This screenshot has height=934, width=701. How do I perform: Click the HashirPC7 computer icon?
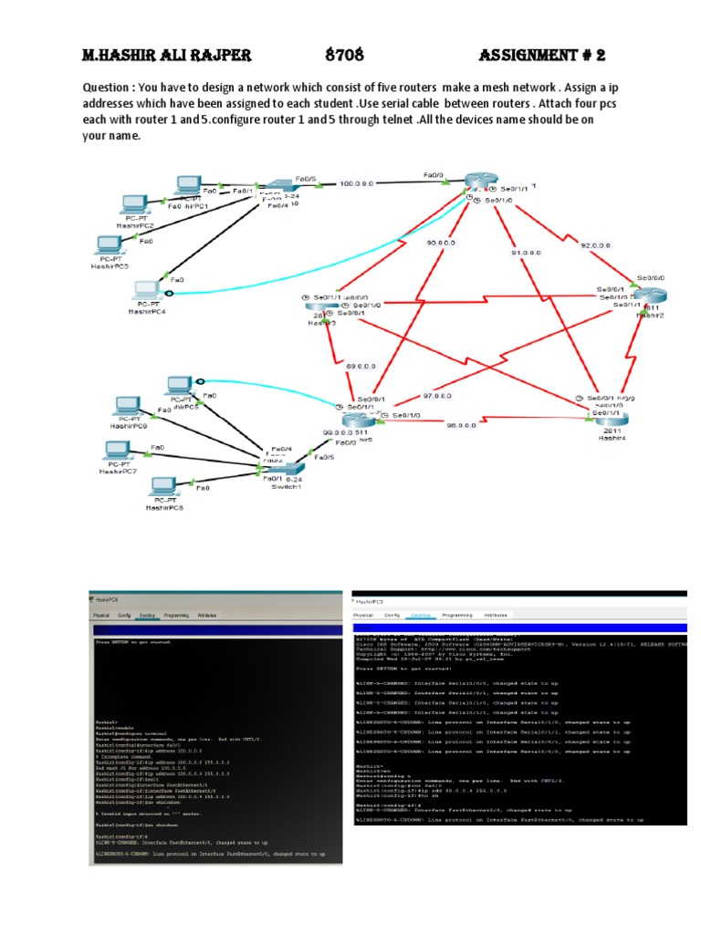point(117,451)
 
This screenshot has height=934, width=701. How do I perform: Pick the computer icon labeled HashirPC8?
point(165,485)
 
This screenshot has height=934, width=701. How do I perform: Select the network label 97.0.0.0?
point(437,397)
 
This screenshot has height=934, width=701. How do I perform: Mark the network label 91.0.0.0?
point(528,252)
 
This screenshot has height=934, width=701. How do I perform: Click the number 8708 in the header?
point(345,55)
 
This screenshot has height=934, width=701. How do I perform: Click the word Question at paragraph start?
point(106,88)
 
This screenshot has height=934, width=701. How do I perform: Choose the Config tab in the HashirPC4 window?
point(124,615)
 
